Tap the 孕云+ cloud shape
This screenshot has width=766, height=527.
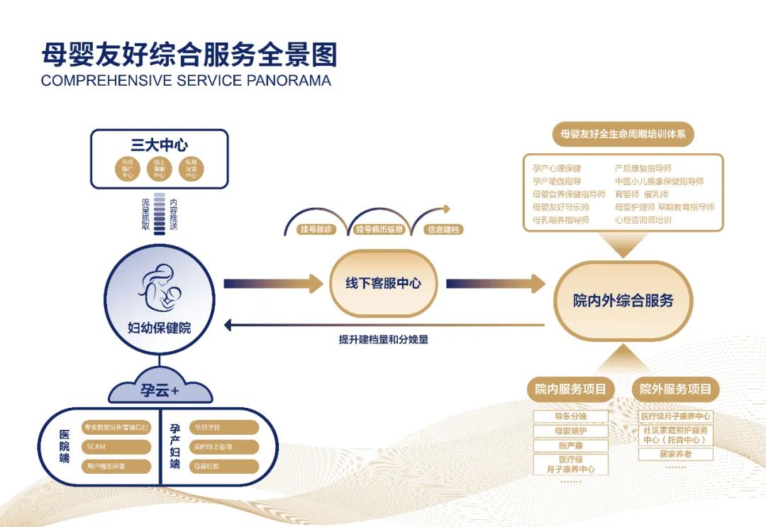[159, 391]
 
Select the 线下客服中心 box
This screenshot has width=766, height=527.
[383, 283]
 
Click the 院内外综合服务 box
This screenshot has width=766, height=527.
[623, 300]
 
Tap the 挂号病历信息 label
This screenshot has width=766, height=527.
[379, 230]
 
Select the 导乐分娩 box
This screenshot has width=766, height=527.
[571, 416]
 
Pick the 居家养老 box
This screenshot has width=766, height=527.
[675, 454]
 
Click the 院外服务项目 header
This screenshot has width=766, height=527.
[675, 389]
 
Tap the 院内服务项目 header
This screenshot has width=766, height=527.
[571, 389]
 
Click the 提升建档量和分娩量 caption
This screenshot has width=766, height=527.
[384, 340]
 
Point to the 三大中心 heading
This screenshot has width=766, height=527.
[159, 145]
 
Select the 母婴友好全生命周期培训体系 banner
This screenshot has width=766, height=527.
[623, 134]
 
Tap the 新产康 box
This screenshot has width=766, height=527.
[571, 446]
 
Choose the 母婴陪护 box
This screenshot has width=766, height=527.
[571, 431]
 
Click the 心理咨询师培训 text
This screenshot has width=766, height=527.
[643, 220]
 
